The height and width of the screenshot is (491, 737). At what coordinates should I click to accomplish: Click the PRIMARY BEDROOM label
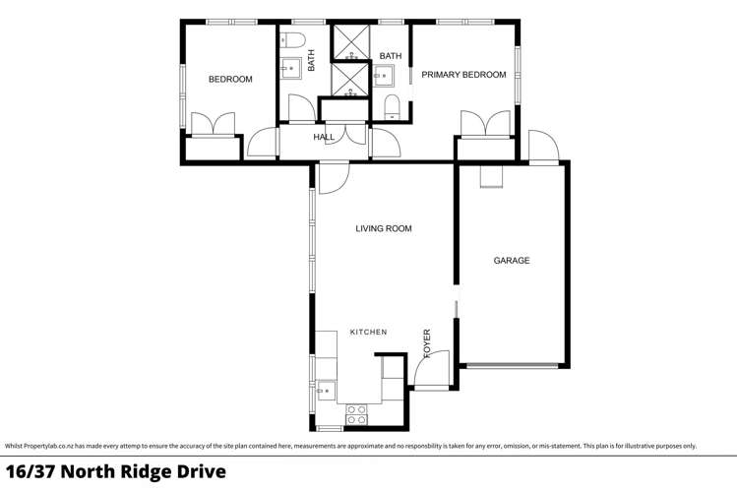coord(463,75)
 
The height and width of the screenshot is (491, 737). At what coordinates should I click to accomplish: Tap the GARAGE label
coord(512,261)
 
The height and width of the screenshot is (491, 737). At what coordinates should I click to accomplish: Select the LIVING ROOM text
coord(384,229)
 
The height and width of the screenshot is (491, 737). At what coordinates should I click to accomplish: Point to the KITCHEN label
coord(369,333)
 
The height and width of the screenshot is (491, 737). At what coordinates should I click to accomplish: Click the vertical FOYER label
coord(427,341)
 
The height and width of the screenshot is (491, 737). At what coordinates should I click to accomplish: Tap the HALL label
coord(324,138)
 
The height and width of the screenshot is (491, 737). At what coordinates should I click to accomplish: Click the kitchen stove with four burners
coord(356,414)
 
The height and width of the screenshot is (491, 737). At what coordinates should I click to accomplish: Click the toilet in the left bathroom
coord(291,40)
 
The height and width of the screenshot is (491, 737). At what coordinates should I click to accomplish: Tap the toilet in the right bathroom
coord(391,107)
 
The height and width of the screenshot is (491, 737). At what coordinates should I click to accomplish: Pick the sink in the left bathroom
coord(290,69)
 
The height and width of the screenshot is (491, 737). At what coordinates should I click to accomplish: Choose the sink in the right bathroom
coord(385,75)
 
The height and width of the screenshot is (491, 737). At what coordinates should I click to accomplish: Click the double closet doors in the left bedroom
coord(213,125)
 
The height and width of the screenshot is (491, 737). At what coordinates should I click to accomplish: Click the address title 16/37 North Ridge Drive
coord(116,472)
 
